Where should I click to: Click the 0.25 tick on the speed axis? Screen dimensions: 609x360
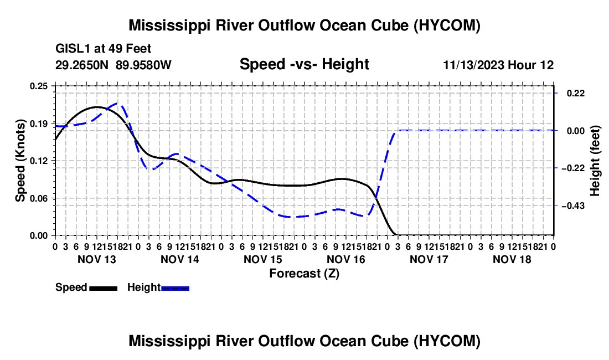click(x=38, y=86)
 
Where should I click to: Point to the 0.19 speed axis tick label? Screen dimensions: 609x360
click(x=38, y=124)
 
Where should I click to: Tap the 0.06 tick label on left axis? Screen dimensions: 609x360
click(x=38, y=198)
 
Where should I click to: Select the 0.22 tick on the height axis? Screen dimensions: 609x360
click(x=576, y=93)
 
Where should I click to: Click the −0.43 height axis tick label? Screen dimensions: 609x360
click(x=573, y=206)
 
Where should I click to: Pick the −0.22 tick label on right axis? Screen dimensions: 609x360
click(x=573, y=168)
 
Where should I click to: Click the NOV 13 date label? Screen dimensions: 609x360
click(x=97, y=259)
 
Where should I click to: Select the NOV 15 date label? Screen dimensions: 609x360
click(x=263, y=259)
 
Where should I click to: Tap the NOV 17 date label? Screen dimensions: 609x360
click(x=429, y=259)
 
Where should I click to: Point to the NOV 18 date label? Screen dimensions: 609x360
click(x=512, y=259)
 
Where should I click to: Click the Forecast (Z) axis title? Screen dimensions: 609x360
click(x=304, y=274)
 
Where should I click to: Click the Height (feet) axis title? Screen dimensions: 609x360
click(x=595, y=161)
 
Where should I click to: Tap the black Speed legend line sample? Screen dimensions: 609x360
click(x=104, y=288)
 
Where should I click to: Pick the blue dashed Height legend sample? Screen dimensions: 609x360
click(x=175, y=288)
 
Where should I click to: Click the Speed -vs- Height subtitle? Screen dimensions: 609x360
click(x=304, y=64)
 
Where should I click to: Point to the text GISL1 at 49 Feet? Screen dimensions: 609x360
click(x=104, y=49)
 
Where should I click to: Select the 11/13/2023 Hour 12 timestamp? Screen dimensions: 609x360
click(x=498, y=65)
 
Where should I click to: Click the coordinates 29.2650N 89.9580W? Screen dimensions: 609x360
click(x=113, y=65)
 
